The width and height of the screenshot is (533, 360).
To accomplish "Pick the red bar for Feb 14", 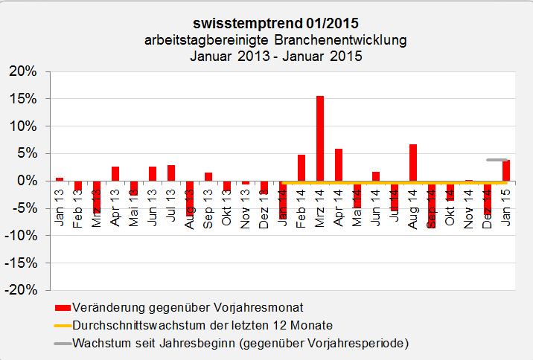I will coord(301,167).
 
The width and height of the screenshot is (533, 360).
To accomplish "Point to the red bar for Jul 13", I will coord(171,173).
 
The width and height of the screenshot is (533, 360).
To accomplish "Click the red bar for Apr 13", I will coord(115,173).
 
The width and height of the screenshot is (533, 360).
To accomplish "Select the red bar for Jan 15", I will coord(506,170).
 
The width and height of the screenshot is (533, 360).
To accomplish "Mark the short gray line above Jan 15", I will coord(497,159).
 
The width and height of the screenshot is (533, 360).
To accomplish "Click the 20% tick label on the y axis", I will coord(22,71).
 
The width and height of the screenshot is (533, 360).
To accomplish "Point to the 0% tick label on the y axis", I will coord(27,181).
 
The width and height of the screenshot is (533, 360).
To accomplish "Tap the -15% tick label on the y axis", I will coord(20,263).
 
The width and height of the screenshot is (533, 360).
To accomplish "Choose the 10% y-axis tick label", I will coord(22,126).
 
